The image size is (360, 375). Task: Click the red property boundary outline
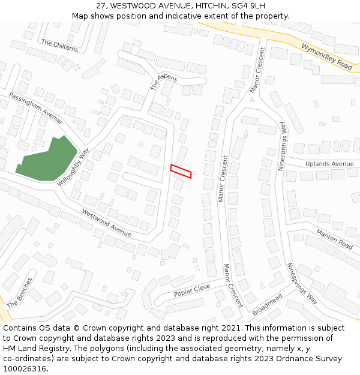pyautogui.click(x=181, y=171)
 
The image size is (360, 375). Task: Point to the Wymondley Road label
pyautogui.click(x=326, y=56)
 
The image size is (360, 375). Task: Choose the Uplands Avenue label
pyautogui.click(x=329, y=164)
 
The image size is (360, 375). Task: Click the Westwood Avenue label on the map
pyautogui.click(x=106, y=222)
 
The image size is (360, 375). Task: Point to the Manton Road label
pyautogui.click(x=334, y=239)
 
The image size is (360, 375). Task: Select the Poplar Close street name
pyautogui.click(x=192, y=290)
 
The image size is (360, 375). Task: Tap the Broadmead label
pyautogui.click(x=267, y=304)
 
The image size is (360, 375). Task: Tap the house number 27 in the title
pyautogui.click(x=101, y=5)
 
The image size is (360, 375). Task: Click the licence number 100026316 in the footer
pyautogui.click(x=24, y=369)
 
